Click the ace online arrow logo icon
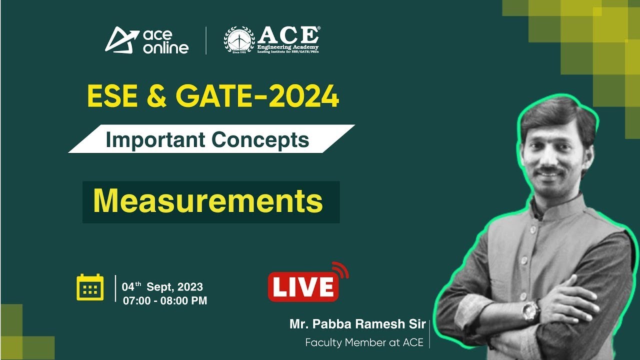click(x=121, y=39)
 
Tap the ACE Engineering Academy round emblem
click(x=239, y=40)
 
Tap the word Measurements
click(x=208, y=201)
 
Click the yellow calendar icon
click(x=90, y=287)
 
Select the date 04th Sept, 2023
click(x=163, y=287)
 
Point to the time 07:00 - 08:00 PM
click(x=165, y=300)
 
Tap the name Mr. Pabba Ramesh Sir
click(x=357, y=324)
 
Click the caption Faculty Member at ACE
click(x=364, y=342)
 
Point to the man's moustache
click(x=549, y=171)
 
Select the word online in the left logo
click(x=165, y=47)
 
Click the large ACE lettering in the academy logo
click(x=288, y=35)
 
